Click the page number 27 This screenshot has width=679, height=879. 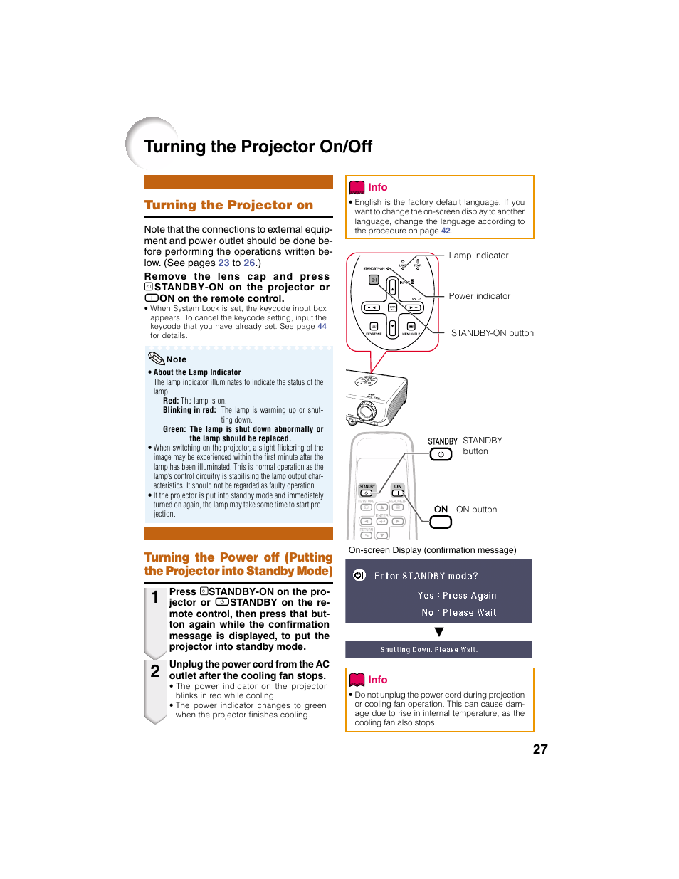click(540, 749)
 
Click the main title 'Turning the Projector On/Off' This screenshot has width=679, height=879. click(258, 147)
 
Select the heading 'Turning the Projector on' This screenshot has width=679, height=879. click(228, 205)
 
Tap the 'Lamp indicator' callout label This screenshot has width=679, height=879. click(478, 256)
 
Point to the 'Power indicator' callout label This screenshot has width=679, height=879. click(479, 296)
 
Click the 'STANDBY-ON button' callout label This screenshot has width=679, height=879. click(492, 333)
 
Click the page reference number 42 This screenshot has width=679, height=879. click(446, 231)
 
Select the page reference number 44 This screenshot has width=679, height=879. click(322, 327)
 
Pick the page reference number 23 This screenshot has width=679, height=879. click(223, 263)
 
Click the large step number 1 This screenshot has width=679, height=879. click(155, 598)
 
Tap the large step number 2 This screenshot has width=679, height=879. click(155, 670)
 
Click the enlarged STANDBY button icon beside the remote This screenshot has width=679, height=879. click(441, 454)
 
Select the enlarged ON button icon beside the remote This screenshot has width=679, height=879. click(441, 522)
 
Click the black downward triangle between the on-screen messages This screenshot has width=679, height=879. click(439, 632)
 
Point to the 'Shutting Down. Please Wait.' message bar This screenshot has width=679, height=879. click(438, 650)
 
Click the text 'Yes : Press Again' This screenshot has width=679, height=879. click(457, 596)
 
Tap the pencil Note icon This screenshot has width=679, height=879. click(156, 358)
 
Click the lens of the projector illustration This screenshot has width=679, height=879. click(367, 411)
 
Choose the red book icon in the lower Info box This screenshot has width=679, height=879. click(357, 680)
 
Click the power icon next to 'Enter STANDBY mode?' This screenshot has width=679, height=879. click(359, 575)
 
